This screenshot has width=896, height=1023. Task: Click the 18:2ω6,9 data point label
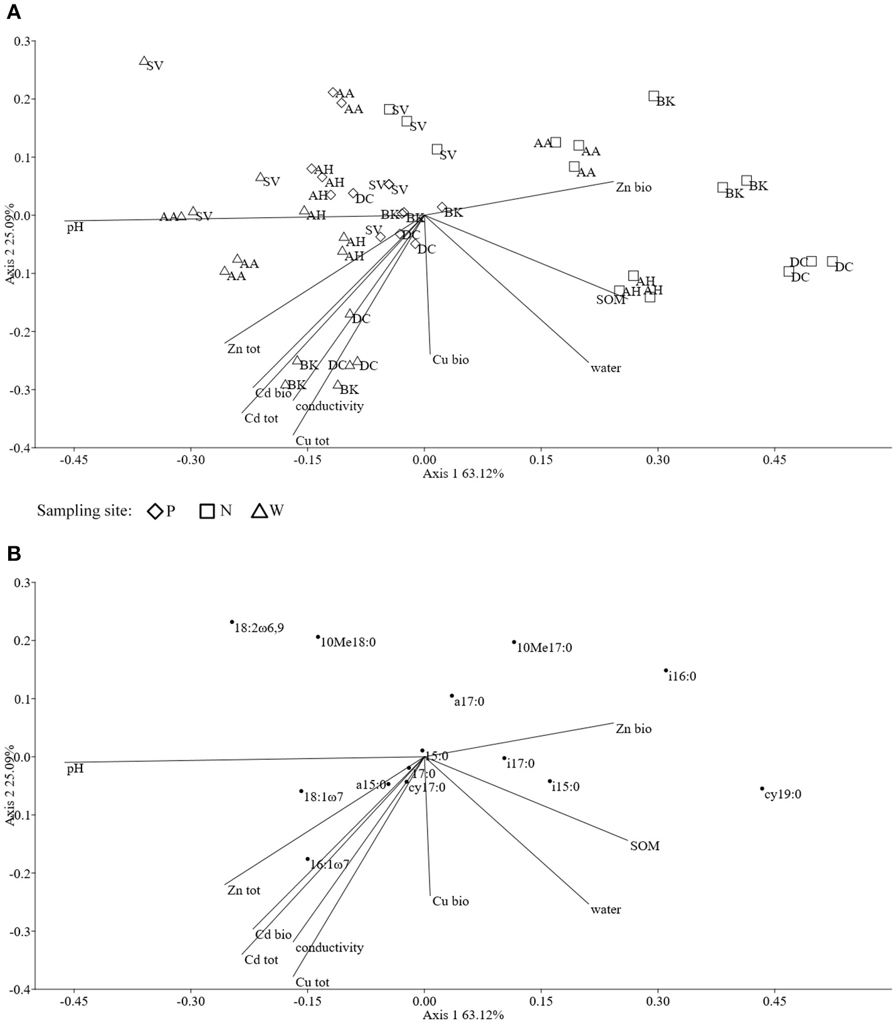[259, 628]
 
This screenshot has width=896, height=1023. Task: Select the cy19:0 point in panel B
[762, 789]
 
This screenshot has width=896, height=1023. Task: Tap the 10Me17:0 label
[544, 648]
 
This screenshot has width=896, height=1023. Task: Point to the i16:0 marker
[666, 670]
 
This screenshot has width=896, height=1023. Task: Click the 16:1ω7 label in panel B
[329, 865]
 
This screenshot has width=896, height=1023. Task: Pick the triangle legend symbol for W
[259, 511]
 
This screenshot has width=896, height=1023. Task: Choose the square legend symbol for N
[208, 511]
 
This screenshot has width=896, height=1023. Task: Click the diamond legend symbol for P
[155, 511]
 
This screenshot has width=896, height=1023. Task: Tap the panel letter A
[13, 12]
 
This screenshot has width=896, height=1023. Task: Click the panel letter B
[13, 553]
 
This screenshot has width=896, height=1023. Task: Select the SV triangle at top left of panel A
[144, 61]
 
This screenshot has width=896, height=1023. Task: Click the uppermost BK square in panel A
[653, 96]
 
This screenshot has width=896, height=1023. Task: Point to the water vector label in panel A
[606, 368]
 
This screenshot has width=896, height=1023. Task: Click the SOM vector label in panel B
[645, 846]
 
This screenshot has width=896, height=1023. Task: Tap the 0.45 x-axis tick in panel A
[774, 460]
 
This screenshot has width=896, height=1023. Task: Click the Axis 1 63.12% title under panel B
[463, 1015]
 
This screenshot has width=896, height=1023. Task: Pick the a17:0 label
[469, 702]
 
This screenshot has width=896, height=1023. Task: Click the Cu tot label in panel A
[312, 441]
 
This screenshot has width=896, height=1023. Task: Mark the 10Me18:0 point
[318, 636]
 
